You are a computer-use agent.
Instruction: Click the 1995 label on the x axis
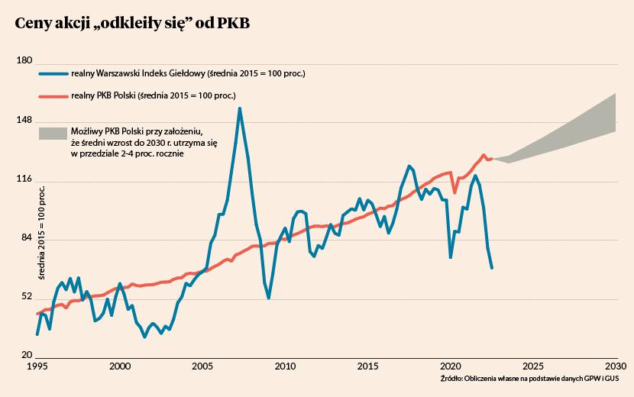[37, 366]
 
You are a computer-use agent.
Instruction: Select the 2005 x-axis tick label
[202, 366]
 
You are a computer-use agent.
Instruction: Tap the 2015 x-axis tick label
[368, 366]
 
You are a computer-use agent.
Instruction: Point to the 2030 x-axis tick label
[616, 366]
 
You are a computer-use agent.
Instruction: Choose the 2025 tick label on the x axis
[533, 366]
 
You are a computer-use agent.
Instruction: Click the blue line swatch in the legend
[52, 74]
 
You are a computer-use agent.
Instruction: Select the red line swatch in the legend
[52, 96]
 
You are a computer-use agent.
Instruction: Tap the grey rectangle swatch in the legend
[52, 134]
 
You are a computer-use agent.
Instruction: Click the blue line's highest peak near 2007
[240, 108]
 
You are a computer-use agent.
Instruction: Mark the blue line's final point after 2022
[492, 267]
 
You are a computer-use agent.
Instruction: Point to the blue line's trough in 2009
[269, 297]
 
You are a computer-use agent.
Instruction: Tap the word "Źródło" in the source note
[452, 379]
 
